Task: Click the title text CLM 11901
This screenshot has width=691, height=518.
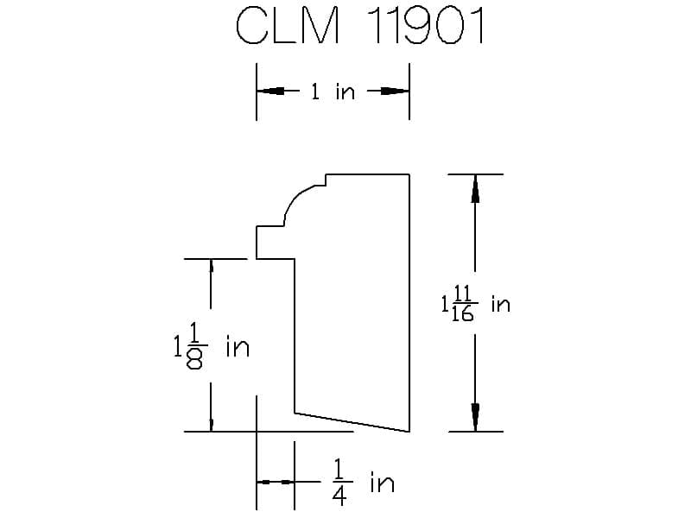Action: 360,26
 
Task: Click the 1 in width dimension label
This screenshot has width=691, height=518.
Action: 333,92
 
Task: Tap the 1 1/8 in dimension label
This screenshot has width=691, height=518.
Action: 212,346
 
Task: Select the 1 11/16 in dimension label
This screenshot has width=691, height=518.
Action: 476,304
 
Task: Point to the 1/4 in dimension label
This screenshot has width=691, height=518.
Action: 363,482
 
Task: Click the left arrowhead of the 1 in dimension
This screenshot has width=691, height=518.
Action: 270,92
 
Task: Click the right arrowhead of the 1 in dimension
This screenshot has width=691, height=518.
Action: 396,92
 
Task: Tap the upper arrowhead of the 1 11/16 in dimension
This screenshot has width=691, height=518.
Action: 475,188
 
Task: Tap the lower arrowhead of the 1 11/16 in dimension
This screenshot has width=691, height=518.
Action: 475,417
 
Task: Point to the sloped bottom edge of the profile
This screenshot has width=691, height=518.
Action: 352,422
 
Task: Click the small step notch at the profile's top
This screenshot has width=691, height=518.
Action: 323,181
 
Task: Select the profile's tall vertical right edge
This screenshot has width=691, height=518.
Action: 409,303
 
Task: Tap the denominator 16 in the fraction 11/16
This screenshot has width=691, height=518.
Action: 463,313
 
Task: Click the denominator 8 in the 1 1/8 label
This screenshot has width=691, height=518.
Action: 194,361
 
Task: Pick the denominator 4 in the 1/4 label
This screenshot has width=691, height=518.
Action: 339,496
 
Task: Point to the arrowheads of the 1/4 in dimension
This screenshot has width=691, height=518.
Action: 276,483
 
